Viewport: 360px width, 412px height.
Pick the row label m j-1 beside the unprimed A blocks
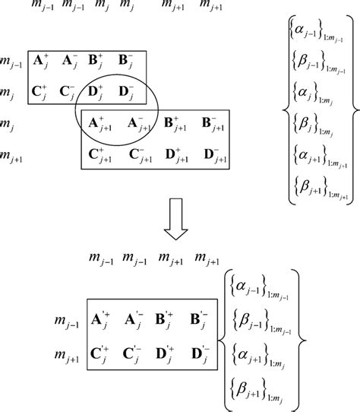[x=11, y=61]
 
